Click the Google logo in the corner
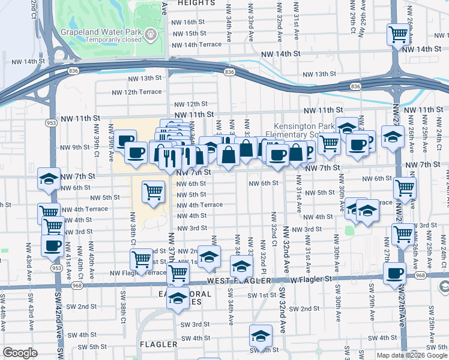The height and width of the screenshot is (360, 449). pyautogui.click(x=20, y=353)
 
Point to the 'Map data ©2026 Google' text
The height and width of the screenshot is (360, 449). pyautogui.click(x=411, y=355)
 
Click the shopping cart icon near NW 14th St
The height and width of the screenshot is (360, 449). pyautogui.click(x=397, y=35)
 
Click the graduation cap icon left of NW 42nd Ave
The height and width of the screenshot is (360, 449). pyautogui.click(x=49, y=178)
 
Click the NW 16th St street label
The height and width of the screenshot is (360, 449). pyautogui.click(x=188, y=21)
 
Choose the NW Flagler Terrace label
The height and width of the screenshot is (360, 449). pyautogui.click(x=138, y=272)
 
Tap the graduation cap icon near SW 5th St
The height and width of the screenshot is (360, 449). pyautogui.click(x=260, y=335)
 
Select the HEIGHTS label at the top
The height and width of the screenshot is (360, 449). pyautogui.click(x=196, y=3)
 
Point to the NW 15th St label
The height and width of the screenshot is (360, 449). pyautogui.click(x=188, y=34)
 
